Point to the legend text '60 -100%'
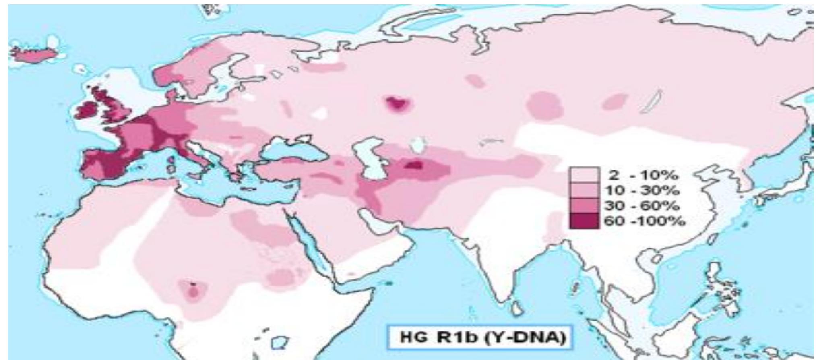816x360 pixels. coord(644,221)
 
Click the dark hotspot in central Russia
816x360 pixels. coord(397,104)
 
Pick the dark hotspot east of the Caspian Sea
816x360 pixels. coord(413,165)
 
